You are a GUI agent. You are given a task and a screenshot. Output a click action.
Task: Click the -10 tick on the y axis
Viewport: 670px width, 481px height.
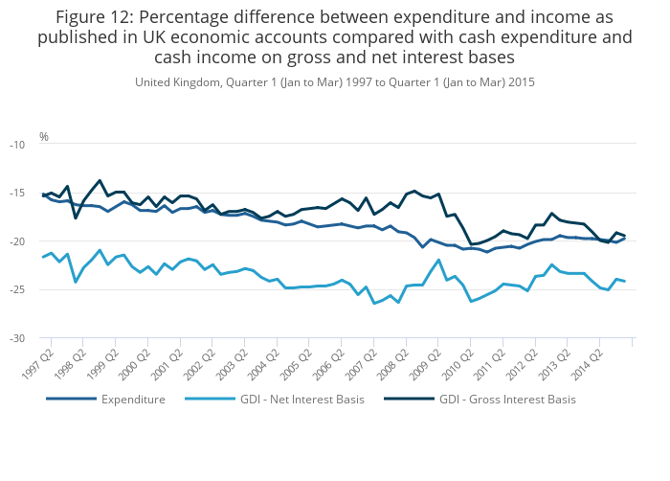pyautogui.click(x=18, y=145)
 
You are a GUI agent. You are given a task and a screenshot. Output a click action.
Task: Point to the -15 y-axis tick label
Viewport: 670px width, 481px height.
pyautogui.click(x=18, y=194)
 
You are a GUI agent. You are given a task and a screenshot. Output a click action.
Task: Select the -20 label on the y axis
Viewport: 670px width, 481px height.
pyautogui.click(x=18, y=241)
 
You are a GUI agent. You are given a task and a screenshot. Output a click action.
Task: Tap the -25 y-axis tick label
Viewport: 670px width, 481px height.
pyautogui.click(x=18, y=290)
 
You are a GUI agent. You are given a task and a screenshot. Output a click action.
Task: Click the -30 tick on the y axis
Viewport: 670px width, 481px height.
pyautogui.click(x=18, y=339)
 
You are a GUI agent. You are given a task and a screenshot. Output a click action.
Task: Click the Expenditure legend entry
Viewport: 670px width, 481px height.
pyautogui.click(x=133, y=399)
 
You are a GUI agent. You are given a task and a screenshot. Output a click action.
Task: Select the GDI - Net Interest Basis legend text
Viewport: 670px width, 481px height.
pyautogui.click(x=302, y=399)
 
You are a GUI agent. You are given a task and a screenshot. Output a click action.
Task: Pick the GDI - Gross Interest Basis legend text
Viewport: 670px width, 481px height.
pyautogui.click(x=507, y=399)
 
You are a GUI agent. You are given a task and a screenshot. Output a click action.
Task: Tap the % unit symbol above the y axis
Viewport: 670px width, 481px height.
pyautogui.click(x=44, y=137)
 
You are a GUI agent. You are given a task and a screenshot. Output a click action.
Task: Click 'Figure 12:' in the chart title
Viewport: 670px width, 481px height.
pyautogui.click(x=94, y=17)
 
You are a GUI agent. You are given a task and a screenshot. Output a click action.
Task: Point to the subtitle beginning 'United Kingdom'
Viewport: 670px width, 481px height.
pyautogui.click(x=335, y=82)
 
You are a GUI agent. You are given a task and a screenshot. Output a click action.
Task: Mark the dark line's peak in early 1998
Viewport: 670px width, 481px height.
pyautogui.click(x=100, y=180)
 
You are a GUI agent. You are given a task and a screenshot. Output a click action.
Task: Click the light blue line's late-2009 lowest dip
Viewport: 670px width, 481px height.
pyautogui.click(x=471, y=302)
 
